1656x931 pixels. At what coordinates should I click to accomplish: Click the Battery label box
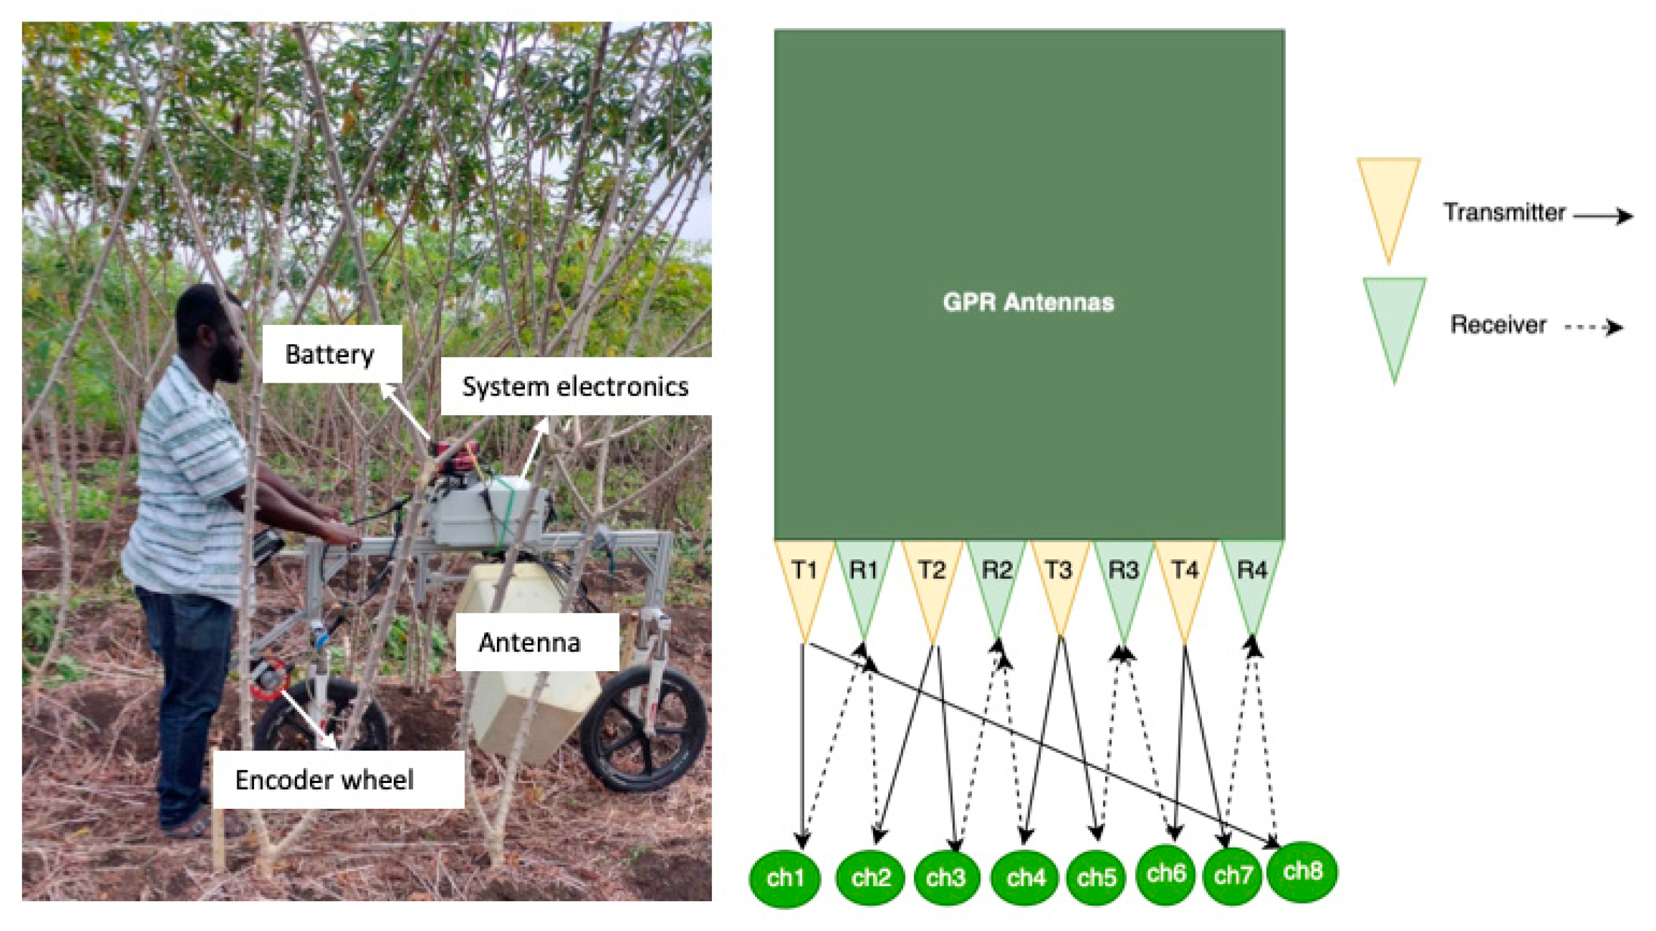(x=331, y=354)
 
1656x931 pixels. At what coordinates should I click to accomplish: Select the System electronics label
(x=576, y=386)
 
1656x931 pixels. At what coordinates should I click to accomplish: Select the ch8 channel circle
(x=1302, y=871)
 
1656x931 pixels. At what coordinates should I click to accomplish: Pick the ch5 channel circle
(x=1096, y=877)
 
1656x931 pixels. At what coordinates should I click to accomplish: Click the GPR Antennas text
(x=1028, y=302)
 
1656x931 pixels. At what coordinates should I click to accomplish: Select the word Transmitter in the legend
(x=1503, y=212)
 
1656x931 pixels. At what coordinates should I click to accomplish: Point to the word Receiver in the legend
(x=1497, y=324)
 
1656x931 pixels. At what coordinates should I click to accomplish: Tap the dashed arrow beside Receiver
(x=1594, y=326)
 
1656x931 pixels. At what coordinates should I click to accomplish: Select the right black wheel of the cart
(x=643, y=728)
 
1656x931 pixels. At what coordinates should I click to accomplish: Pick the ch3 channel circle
(x=946, y=877)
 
